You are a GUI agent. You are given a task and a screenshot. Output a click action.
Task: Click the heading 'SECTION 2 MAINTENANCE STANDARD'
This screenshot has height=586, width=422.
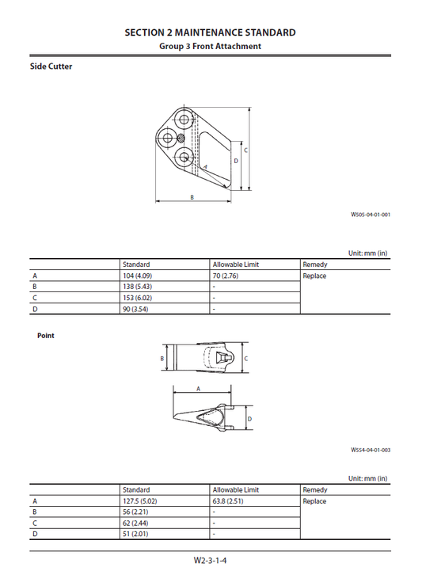coord(211,32)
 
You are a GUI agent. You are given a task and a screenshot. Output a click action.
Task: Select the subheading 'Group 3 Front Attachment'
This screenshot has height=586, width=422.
coord(211,46)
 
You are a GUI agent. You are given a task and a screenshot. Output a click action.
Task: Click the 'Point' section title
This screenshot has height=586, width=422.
coord(46,336)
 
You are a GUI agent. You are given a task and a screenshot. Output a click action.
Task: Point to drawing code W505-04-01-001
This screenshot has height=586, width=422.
coord(371,214)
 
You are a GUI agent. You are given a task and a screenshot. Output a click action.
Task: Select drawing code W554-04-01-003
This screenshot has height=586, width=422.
coord(371,450)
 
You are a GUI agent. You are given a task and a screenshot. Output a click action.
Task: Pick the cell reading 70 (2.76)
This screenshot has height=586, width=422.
coord(226,276)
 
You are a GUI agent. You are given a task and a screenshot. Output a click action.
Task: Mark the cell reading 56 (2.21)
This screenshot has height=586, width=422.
coord(135,512)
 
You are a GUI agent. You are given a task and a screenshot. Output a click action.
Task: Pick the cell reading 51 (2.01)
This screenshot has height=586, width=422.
coord(135,535)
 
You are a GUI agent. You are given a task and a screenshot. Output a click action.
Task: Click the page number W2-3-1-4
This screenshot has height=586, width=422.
coord(211,561)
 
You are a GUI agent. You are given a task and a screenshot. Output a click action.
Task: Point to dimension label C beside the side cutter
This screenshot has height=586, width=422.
coord(245,150)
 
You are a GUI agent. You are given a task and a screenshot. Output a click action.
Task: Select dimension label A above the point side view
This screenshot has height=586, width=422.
coord(198,389)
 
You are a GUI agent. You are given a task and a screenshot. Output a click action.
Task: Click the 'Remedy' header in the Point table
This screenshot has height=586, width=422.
coord(314,490)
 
